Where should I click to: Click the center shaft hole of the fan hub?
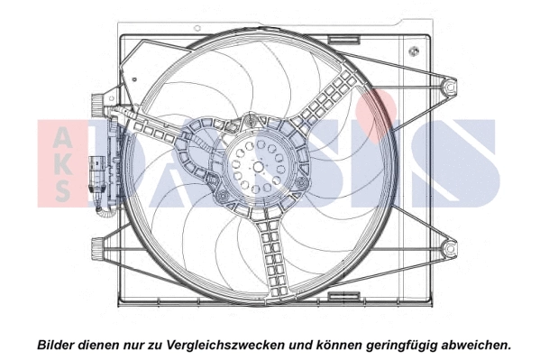(x=258, y=167)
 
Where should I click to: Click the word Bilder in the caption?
(x=56, y=344)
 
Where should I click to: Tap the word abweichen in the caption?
(x=472, y=344)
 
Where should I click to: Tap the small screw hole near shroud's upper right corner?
(x=413, y=51)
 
